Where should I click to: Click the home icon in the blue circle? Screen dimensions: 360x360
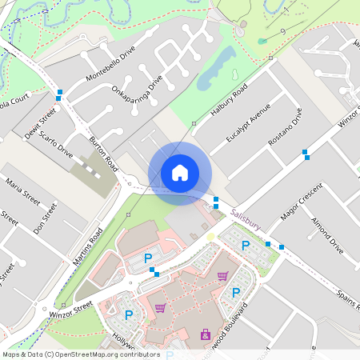(x=180, y=173)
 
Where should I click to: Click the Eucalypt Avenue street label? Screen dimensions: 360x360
(x=244, y=123)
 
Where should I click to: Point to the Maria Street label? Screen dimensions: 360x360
(x=22, y=193)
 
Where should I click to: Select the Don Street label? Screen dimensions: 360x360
(x=49, y=217)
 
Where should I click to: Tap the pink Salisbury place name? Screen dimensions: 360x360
(x=246, y=216)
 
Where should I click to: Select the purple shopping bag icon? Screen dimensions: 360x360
(x=206, y=334)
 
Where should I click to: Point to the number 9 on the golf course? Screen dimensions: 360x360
(x=285, y=31)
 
